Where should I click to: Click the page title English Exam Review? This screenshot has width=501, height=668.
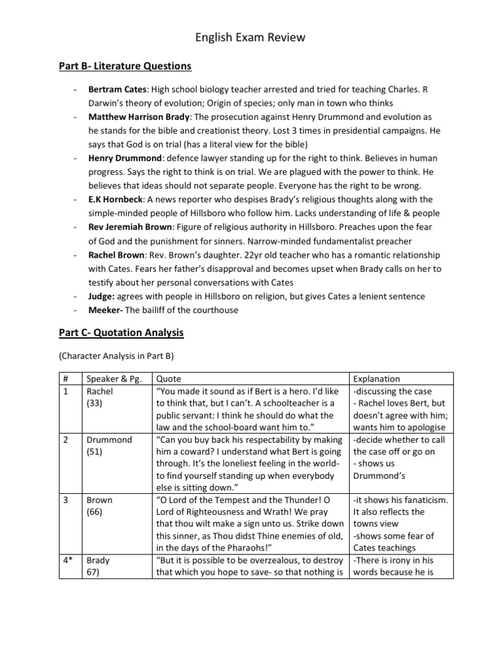pyautogui.click(x=250, y=38)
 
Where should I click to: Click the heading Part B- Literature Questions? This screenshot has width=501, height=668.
pyautogui.click(x=121, y=66)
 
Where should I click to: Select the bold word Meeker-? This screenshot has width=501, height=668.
pyautogui.click(x=106, y=310)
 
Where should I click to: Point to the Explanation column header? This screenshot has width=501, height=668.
pyautogui.click(x=376, y=378)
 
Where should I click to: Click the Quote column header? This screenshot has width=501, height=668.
pyautogui.click(x=168, y=378)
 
